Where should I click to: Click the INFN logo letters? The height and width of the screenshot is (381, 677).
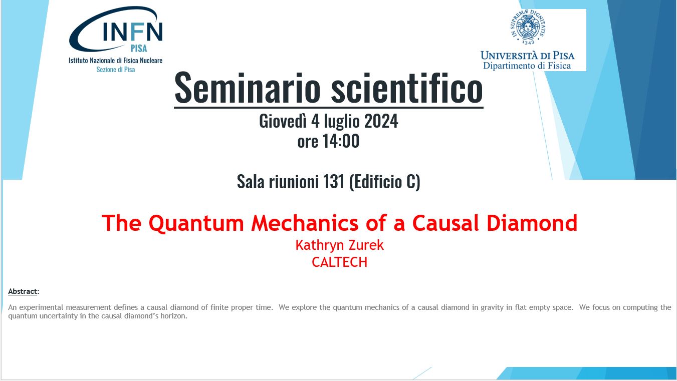tap(132, 32)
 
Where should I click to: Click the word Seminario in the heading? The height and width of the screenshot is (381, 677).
tap(247, 88)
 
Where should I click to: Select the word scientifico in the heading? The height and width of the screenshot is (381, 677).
tap(407, 88)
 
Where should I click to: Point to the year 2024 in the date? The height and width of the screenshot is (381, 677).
tap(381, 121)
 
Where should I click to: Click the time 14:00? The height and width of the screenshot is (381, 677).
tap(341, 141)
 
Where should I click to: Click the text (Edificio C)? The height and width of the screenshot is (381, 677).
tap(385, 182)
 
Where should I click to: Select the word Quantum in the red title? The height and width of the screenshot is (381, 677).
tap(196, 223)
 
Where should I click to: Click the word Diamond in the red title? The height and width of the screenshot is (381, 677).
tap(532, 223)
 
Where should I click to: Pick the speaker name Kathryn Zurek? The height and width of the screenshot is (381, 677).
tap(339, 245)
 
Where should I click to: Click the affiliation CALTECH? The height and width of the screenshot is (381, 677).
tap(339, 262)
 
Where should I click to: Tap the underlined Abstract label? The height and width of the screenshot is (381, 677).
tap(23, 291)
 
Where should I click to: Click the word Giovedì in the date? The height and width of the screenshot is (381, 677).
tap(283, 121)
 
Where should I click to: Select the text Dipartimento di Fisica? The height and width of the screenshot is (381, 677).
tap(527, 66)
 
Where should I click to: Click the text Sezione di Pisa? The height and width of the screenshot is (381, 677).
tap(115, 70)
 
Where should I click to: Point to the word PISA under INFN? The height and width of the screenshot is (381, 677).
tap(139, 48)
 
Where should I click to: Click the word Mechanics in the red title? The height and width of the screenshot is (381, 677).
tap(305, 223)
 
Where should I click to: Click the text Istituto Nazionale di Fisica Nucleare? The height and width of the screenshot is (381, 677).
tap(115, 61)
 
